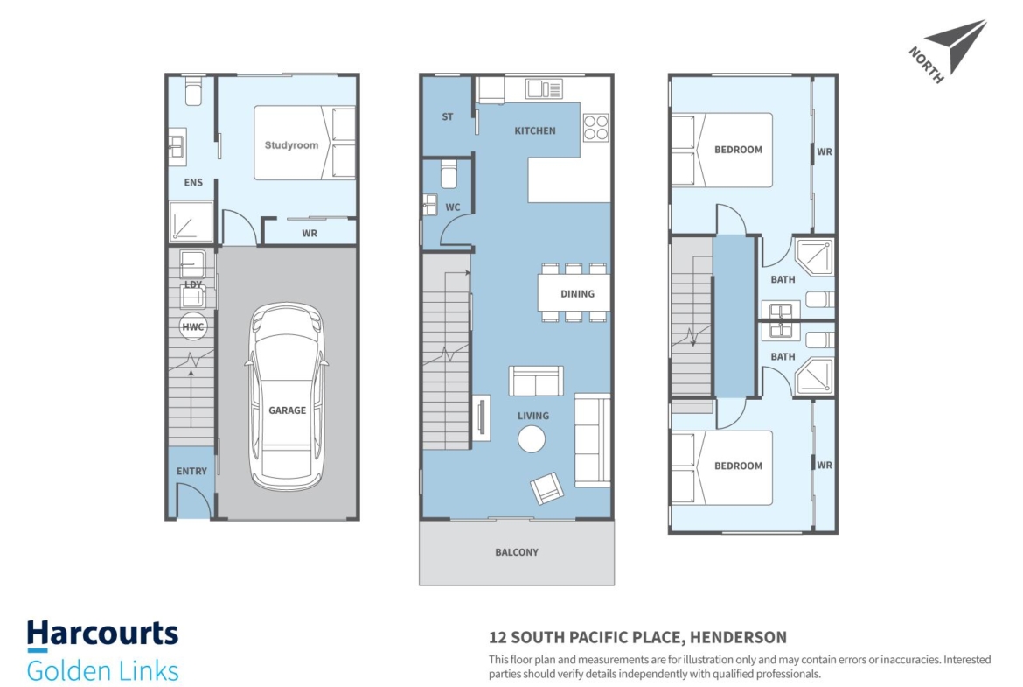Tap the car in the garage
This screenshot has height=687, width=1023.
(x=287, y=396)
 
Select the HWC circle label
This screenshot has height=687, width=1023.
(x=193, y=327)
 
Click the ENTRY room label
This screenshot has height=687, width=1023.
(x=191, y=471)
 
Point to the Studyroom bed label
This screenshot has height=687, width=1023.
(x=292, y=145)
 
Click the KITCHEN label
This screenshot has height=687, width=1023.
(x=535, y=130)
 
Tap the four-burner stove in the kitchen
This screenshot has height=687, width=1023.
(x=595, y=128)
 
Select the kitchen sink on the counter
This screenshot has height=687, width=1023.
(x=544, y=88)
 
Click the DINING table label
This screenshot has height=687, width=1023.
(x=577, y=294)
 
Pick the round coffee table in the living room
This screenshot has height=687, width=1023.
(x=532, y=439)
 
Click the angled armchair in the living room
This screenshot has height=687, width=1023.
(x=546, y=487)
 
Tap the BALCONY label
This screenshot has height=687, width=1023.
(x=517, y=552)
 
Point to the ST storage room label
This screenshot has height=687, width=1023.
(x=448, y=117)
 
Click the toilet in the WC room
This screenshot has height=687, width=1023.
(x=449, y=173)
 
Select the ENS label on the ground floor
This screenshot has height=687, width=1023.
(x=193, y=182)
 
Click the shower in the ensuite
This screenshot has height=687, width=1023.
(x=191, y=222)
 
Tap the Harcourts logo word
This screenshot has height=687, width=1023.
(x=102, y=634)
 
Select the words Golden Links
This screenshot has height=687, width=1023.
(x=102, y=671)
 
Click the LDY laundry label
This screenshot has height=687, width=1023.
(x=193, y=284)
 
